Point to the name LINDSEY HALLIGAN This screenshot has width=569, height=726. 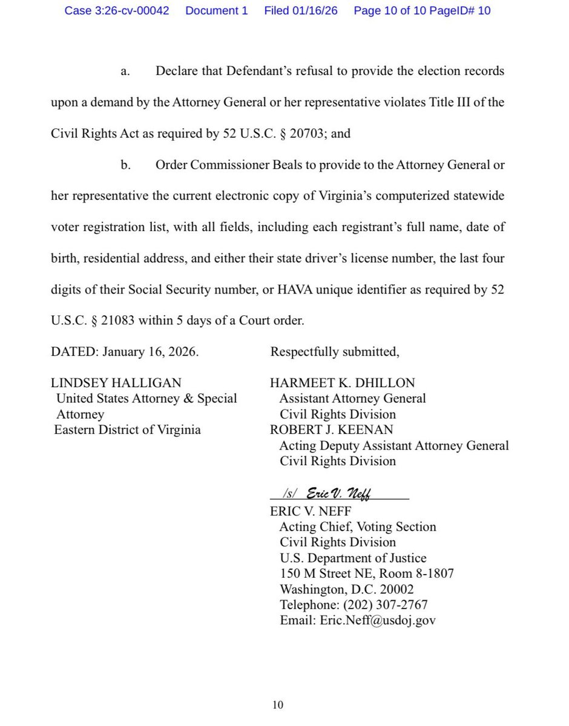[x=116, y=383]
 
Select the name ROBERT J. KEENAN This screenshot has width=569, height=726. [x=332, y=430]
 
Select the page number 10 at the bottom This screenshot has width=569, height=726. [x=277, y=705]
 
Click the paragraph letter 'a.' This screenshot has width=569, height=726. [x=125, y=71]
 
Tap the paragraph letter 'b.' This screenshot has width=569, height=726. [x=125, y=165]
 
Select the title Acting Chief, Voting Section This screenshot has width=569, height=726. [x=357, y=527]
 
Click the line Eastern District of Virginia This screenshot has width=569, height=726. [x=127, y=430]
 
